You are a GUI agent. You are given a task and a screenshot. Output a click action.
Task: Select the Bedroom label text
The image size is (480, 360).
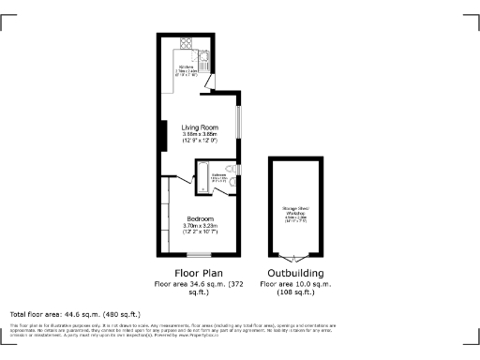pyautogui.click(x=200, y=218)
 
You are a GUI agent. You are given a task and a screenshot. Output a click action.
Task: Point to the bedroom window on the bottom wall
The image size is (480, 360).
pyautogui.click(x=199, y=255)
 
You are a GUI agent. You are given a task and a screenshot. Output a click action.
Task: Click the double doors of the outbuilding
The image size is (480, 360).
pyautogui.click(x=295, y=257)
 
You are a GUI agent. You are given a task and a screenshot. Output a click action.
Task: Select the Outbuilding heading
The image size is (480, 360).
pyautogui.click(x=295, y=273)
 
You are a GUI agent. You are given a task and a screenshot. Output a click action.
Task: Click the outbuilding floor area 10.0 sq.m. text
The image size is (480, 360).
pyautogui.click(x=295, y=282)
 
